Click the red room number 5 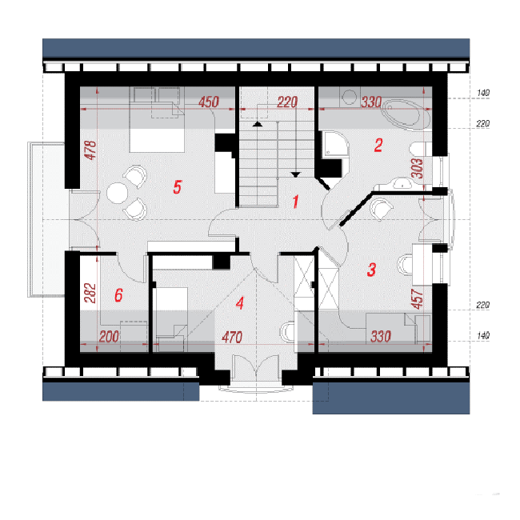[x=178, y=187]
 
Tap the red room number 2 [x=378, y=146]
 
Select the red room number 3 [x=371, y=270]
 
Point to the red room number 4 [x=240, y=302]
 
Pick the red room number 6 [x=118, y=295]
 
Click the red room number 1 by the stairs [x=295, y=202]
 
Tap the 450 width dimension [x=209, y=102]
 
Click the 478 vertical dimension [x=90, y=150]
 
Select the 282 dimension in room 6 [x=90, y=293]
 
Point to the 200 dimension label [x=109, y=337]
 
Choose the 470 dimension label [x=232, y=338]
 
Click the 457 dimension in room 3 [x=417, y=299]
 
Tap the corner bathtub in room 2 [x=406, y=114]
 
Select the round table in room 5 [x=117, y=193]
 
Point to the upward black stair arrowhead [x=258, y=124]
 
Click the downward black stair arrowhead [x=295, y=174]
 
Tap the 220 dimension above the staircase [x=287, y=102]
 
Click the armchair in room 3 [x=382, y=208]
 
